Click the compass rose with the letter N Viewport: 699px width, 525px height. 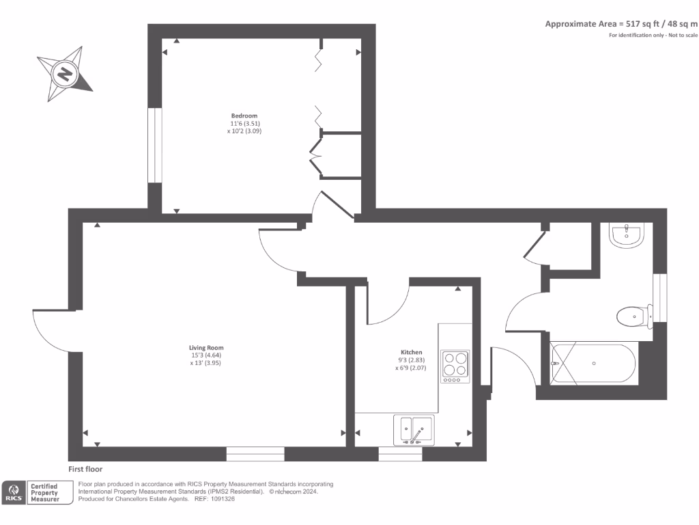coord(65,74)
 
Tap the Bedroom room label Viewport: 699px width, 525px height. coord(244,116)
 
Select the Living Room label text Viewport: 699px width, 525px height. coord(206,347)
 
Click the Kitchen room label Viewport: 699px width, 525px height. coord(412,352)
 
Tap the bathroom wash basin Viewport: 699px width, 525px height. coord(626,235)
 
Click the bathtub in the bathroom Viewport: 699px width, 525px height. coord(594,363)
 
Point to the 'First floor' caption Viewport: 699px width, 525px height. coord(85,470)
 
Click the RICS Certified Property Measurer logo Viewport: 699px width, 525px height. coord(38,493)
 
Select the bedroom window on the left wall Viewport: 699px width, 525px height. coord(155,145)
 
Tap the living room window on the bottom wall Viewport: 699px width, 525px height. coord(255,453)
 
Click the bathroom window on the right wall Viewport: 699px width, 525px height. coord(659,297)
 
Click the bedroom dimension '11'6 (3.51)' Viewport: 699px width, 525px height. coord(244,124)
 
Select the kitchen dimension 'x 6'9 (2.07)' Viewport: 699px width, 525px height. coord(412,368)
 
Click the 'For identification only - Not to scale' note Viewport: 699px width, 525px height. coord(653,35)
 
